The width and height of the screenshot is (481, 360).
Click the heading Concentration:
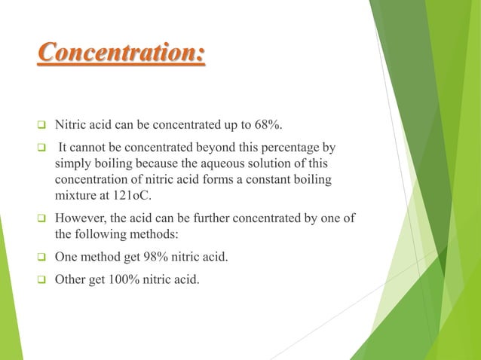pyautogui.click(x=121, y=54)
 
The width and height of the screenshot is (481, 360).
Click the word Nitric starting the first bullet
pyautogui.click(x=73, y=124)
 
